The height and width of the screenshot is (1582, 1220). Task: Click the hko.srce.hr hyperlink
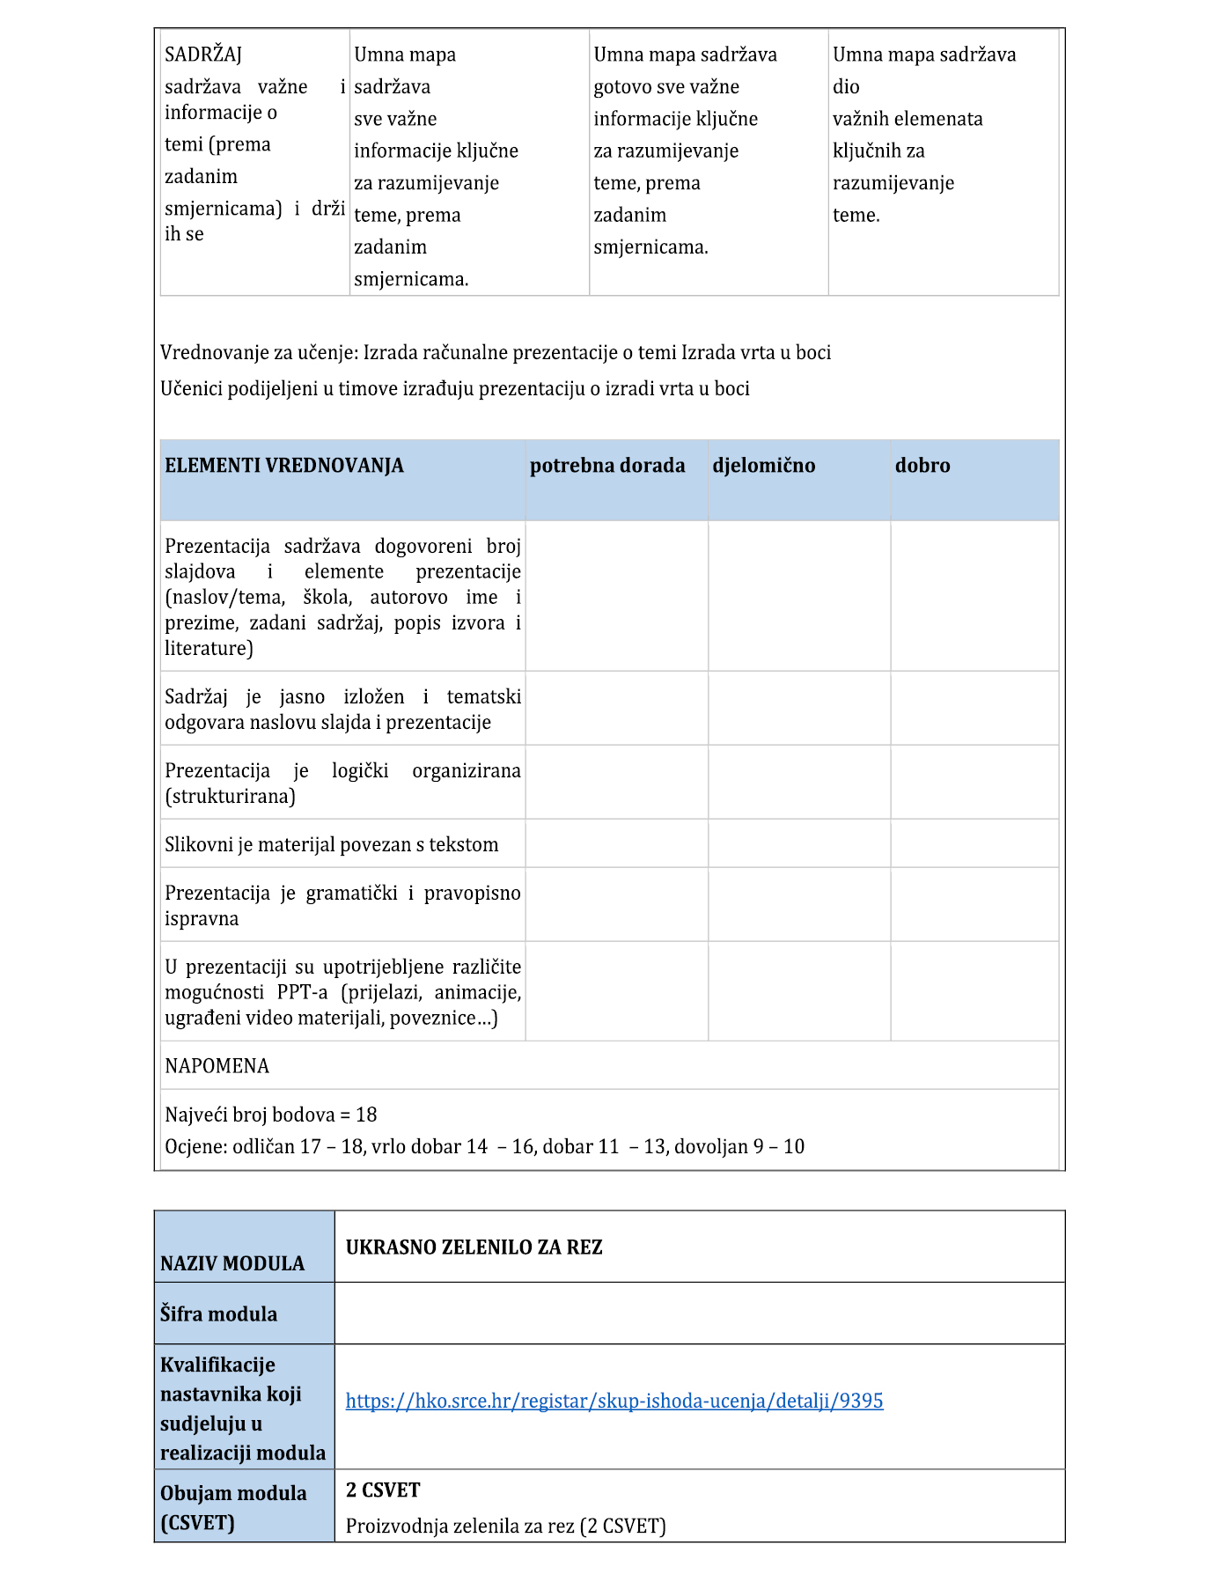coord(614,1401)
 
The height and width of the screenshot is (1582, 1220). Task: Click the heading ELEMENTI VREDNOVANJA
coord(284,466)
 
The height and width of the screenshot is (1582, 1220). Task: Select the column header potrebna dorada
coord(607,466)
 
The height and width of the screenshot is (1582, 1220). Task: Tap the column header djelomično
coord(763,466)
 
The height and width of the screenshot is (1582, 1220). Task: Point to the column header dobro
coord(922,466)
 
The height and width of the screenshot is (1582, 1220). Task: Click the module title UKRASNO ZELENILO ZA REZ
coord(474,1247)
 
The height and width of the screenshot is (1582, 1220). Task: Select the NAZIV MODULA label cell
coord(232,1263)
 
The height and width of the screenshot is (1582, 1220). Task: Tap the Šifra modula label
coord(218,1313)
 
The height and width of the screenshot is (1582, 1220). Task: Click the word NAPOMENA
coord(217,1066)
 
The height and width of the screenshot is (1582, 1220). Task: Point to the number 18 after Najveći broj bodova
coord(366,1115)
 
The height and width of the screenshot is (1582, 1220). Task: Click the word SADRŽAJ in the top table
coord(203,55)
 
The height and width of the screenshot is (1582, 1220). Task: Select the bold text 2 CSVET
coord(383,1490)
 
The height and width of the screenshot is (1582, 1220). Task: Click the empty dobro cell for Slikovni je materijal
coord(974,843)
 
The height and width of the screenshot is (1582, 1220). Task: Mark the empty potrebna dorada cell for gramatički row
coord(616,904)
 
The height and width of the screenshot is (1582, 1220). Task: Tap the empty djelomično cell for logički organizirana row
coord(798,783)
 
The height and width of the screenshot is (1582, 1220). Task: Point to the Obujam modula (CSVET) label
coord(233,1507)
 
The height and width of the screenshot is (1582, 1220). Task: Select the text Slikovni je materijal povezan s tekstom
coord(332,845)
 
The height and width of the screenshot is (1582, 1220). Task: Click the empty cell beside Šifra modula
coord(699,1313)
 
